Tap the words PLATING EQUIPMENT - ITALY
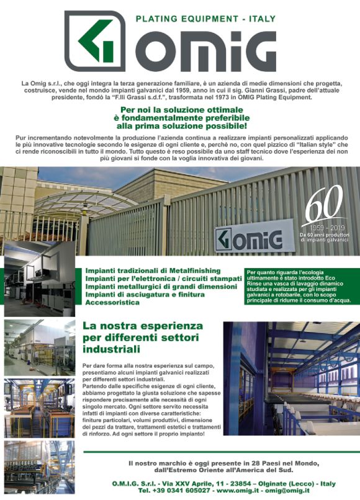(205, 19)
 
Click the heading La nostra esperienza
(143, 324)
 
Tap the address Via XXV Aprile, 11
(182, 481)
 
